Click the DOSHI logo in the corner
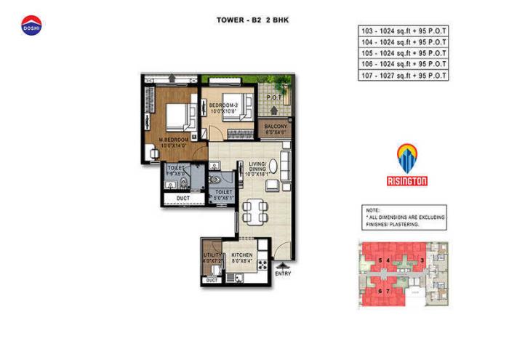click(x=31, y=25)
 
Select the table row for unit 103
click(x=402, y=31)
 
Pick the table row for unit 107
click(x=402, y=75)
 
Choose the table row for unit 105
click(x=402, y=53)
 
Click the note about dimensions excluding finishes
click(x=404, y=217)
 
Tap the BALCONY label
click(x=276, y=128)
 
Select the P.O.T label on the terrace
click(x=274, y=97)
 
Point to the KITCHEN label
click(x=241, y=255)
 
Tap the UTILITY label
click(x=212, y=256)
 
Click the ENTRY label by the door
click(x=284, y=273)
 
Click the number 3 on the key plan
click(x=422, y=260)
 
